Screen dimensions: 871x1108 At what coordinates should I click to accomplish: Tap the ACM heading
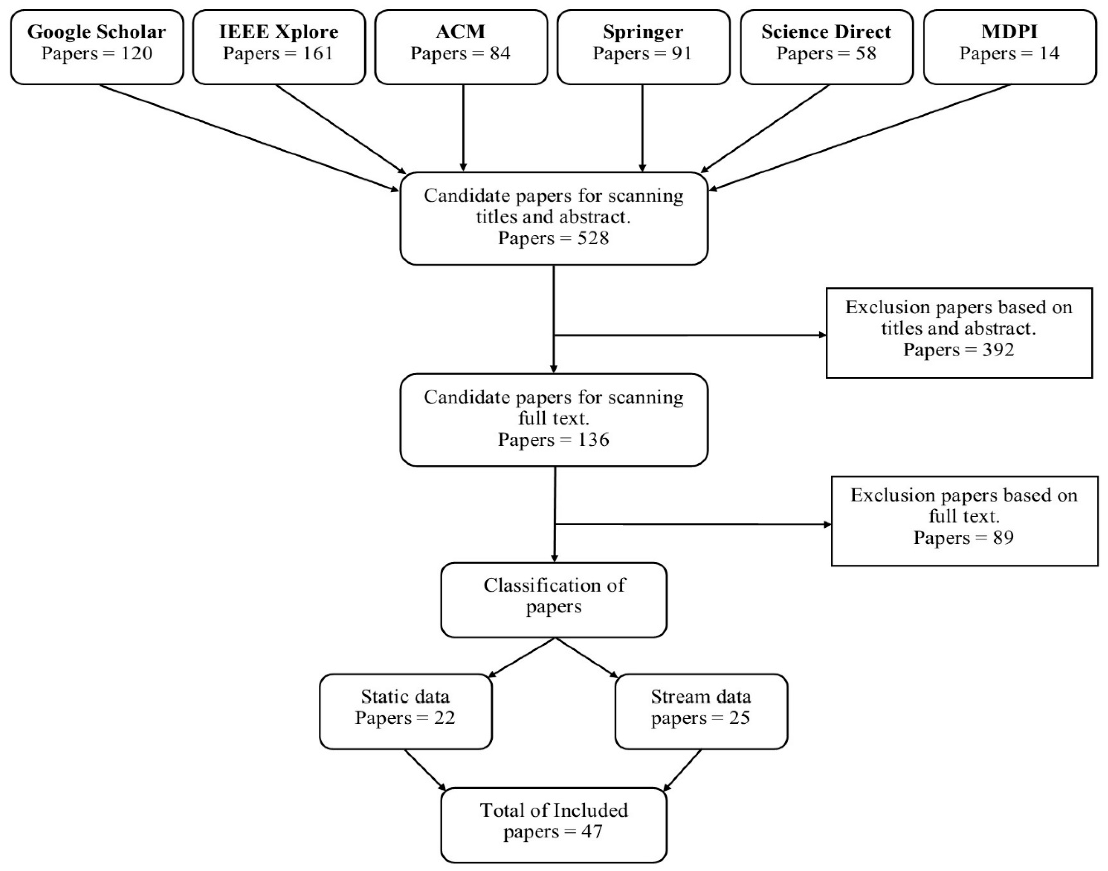point(461,32)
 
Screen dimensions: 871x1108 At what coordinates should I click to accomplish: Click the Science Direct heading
point(826,32)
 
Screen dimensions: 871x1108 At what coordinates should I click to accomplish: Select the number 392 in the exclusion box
point(998,350)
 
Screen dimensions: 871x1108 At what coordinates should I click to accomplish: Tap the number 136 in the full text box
point(593,439)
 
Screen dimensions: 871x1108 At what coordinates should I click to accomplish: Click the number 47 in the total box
point(591,832)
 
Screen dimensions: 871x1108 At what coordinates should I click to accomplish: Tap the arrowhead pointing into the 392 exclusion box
point(822,335)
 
